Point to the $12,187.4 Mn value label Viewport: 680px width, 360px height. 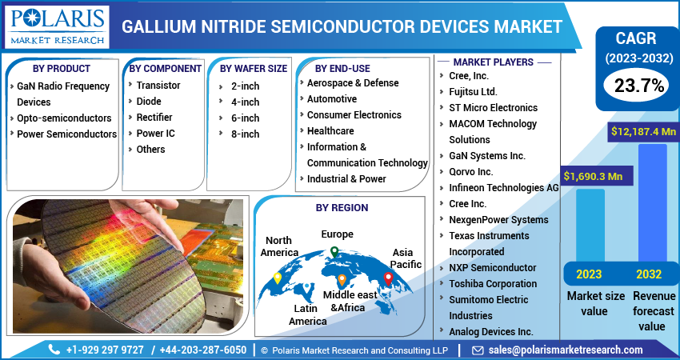[643, 130]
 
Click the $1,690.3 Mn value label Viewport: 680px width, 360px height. [593, 175]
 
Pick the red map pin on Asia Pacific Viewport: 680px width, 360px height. [389, 278]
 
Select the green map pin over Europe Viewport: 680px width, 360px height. [334, 253]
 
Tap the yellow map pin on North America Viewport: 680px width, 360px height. [278, 278]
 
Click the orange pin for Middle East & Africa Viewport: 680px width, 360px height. [342, 280]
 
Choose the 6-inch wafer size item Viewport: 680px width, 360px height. [245, 118]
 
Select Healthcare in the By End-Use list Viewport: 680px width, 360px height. [330, 130]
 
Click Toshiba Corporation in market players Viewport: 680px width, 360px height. [493, 283]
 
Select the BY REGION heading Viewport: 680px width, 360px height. [342, 207]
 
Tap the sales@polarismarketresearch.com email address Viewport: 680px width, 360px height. [565, 350]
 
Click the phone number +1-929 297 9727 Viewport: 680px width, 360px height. [106, 350]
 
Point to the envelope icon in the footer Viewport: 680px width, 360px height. [478, 350]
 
